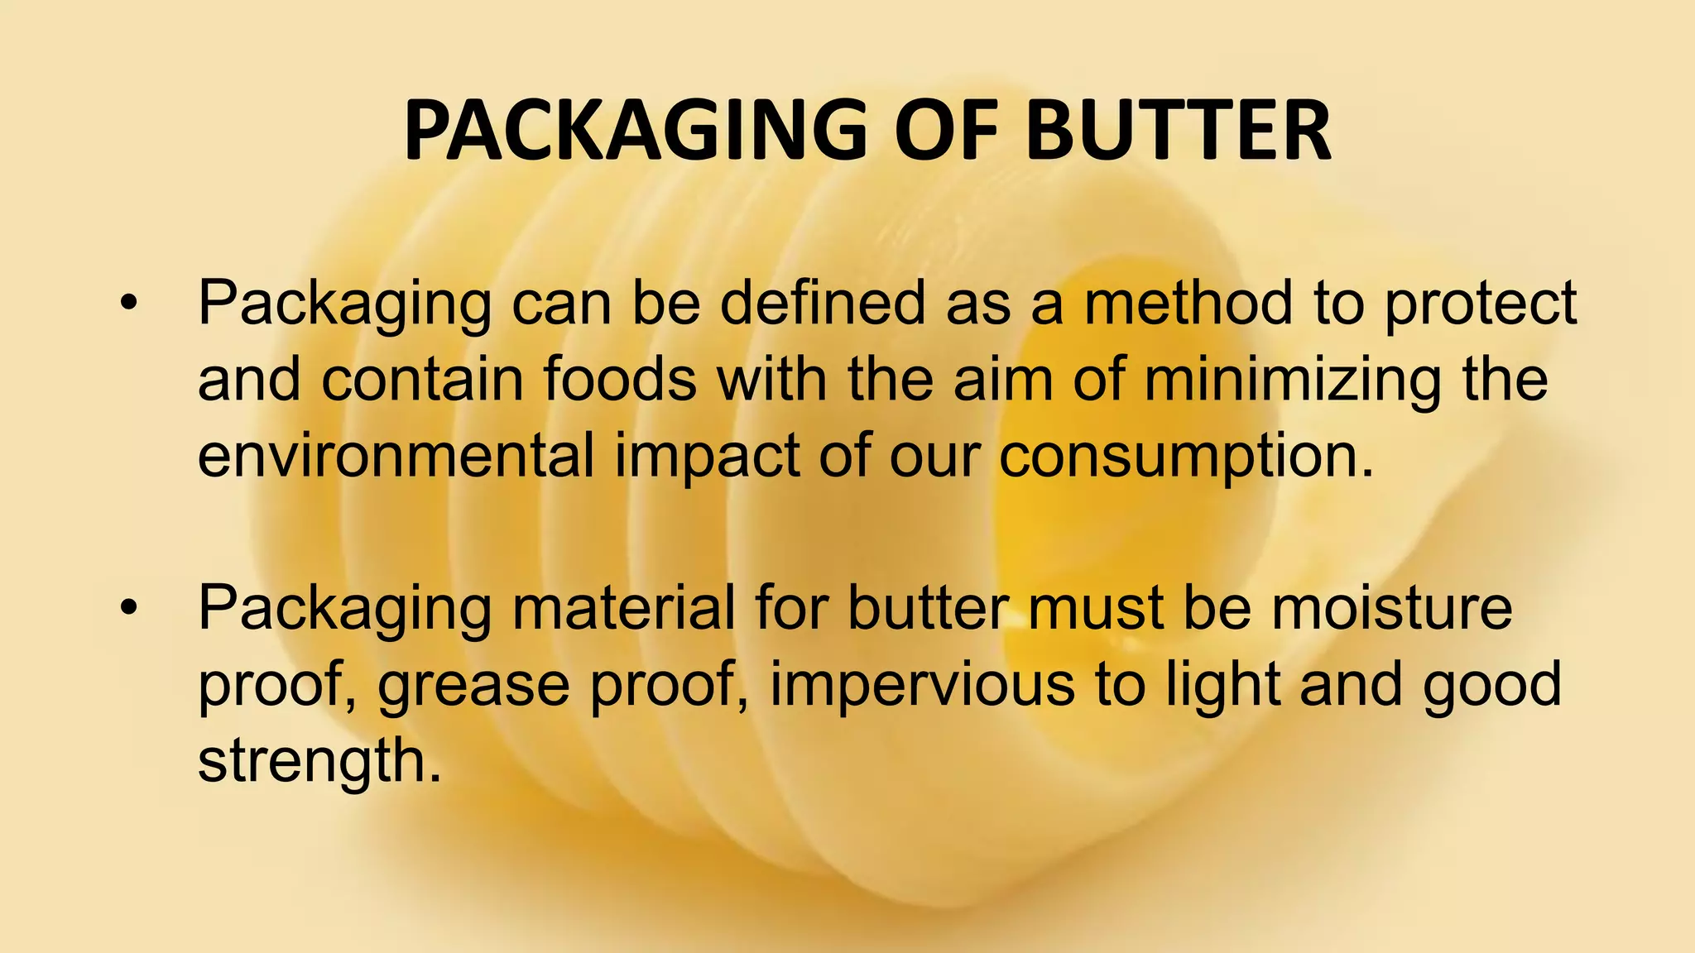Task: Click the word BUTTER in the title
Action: pyautogui.click(x=1179, y=131)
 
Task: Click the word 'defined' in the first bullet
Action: pyautogui.click(x=823, y=303)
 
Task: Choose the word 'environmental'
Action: pyautogui.click(x=396, y=456)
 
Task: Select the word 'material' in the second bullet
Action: pyautogui.click(x=623, y=608)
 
